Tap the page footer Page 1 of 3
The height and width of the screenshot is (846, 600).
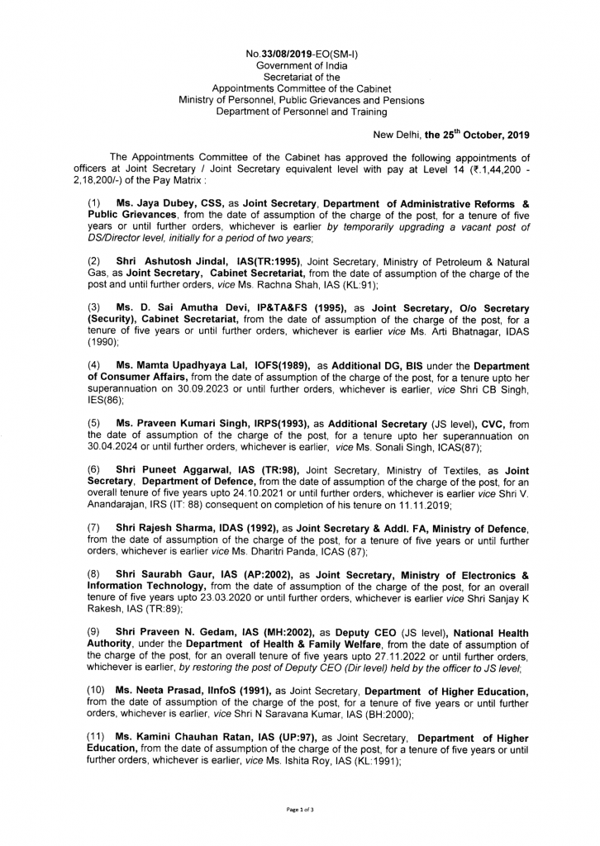pyautogui.click(x=300, y=810)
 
